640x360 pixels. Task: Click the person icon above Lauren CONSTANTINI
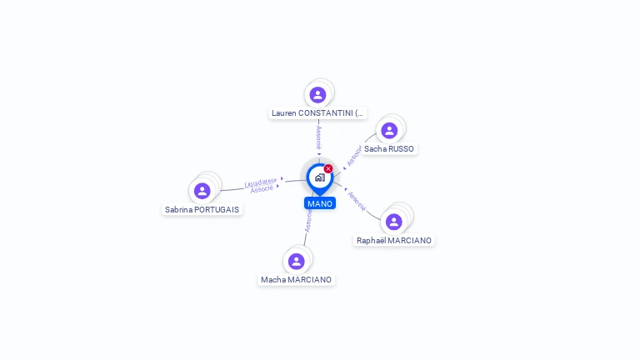(x=317, y=95)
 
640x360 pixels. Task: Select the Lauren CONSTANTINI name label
(x=317, y=113)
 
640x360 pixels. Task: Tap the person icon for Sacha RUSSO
(x=389, y=131)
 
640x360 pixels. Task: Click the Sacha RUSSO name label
(x=389, y=149)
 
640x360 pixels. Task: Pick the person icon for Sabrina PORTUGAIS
(x=202, y=191)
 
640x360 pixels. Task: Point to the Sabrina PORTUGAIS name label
(x=202, y=210)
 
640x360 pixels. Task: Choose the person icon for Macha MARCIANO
(x=296, y=262)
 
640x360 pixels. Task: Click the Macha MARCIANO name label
(x=296, y=280)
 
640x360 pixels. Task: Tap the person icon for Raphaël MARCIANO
(x=393, y=222)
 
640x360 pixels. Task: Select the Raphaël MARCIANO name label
(x=394, y=240)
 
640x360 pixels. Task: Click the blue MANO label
(x=320, y=203)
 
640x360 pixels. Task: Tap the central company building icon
(x=319, y=177)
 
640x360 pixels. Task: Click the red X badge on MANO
(x=328, y=168)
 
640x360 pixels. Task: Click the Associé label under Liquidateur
(x=262, y=189)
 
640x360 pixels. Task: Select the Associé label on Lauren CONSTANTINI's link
(x=318, y=138)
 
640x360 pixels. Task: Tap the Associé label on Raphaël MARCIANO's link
(x=356, y=201)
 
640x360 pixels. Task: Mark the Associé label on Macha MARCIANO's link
(x=307, y=221)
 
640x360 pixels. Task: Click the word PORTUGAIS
(x=216, y=210)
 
